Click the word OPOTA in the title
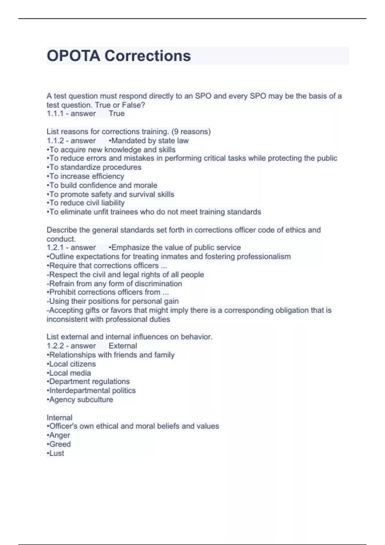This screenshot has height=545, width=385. [73, 56]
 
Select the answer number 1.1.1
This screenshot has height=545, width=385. [55, 113]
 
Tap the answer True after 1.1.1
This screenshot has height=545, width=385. [116, 113]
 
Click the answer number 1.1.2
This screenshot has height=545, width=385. [55, 141]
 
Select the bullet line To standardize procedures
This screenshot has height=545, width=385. [94, 167]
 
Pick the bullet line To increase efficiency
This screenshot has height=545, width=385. [85, 176]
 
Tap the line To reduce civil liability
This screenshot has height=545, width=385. [86, 203]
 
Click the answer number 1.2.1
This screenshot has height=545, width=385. [55, 247]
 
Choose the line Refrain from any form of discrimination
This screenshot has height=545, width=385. [114, 284]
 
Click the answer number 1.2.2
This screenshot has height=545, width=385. [55, 346]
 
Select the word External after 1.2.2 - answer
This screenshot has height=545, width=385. [123, 346]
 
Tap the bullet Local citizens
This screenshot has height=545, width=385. [71, 364]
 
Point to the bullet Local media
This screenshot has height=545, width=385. [69, 373]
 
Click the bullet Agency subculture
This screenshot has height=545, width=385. [80, 400]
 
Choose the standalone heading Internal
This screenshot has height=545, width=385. [59, 418]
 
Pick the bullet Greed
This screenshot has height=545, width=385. [59, 444]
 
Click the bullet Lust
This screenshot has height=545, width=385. [56, 453]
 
